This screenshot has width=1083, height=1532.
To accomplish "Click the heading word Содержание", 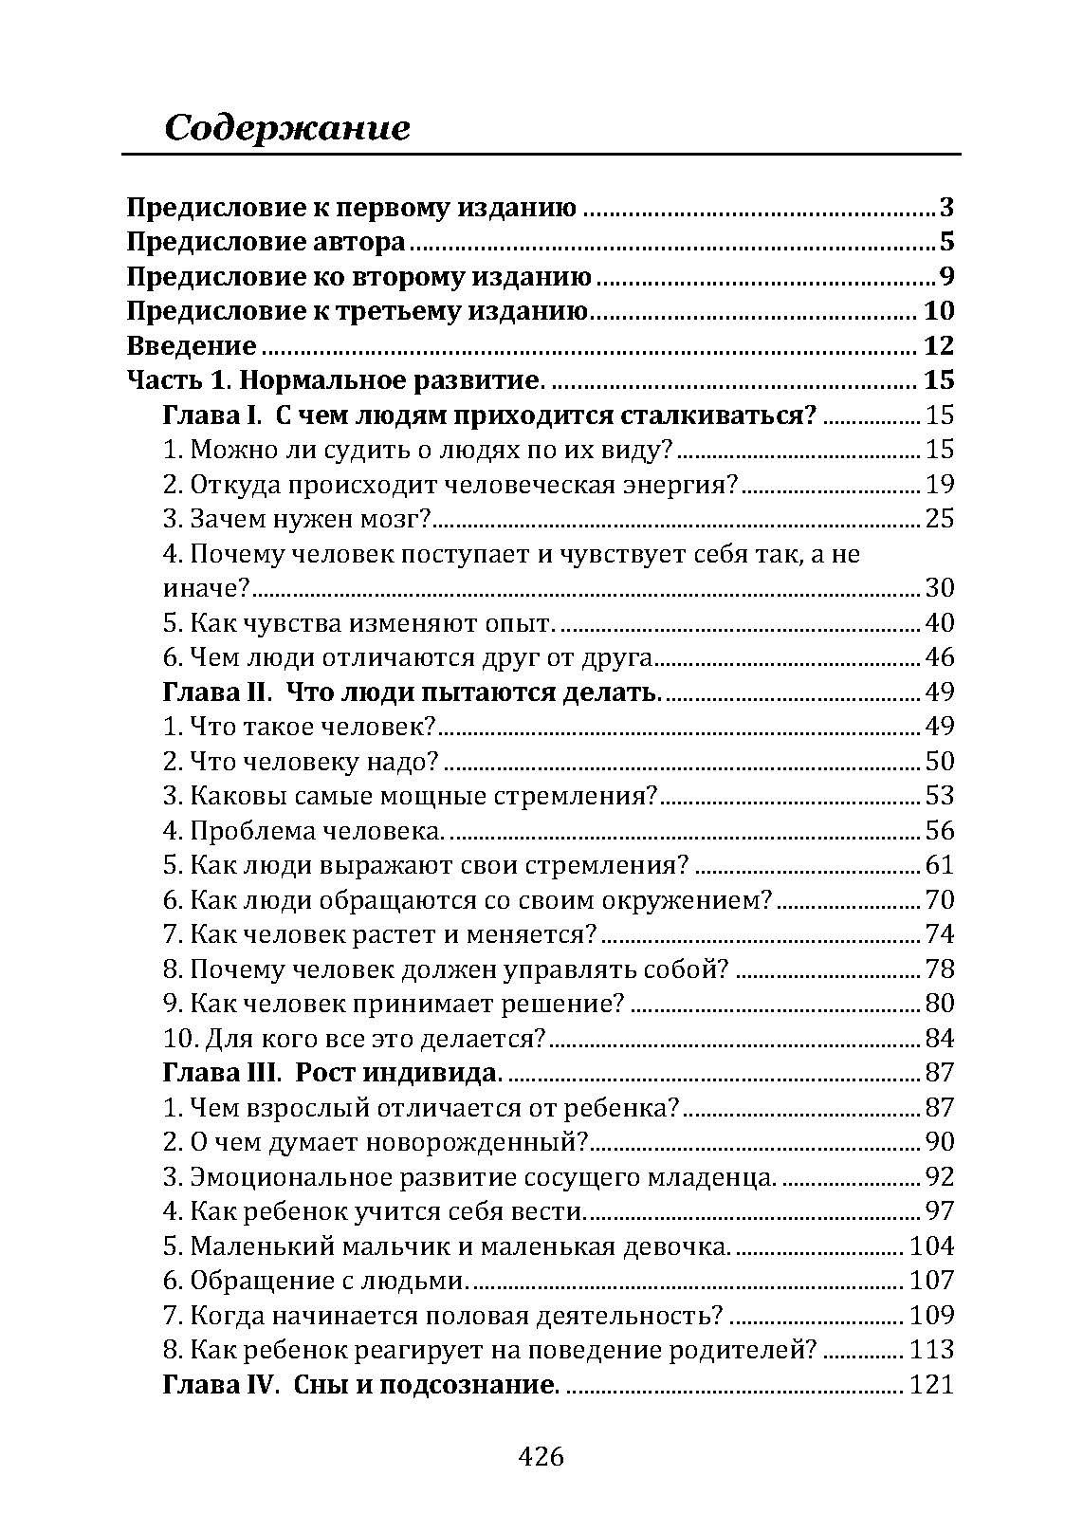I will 287,128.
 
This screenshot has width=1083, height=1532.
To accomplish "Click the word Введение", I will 192,346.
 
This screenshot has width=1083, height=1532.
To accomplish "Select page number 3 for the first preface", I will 945,208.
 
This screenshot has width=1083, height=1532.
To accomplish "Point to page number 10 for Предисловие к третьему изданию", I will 938,311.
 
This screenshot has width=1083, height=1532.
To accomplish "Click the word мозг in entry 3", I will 398,519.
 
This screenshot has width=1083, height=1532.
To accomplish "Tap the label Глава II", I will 217,692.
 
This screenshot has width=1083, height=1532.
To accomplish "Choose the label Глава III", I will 222,1073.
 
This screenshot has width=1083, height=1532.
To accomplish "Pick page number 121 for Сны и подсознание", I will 931,1384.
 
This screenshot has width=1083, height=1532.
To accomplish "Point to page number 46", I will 939,657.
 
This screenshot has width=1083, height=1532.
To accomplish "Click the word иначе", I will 205,588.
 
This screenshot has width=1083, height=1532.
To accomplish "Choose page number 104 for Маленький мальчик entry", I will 931,1246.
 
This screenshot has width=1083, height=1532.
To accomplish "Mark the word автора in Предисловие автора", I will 358,243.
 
